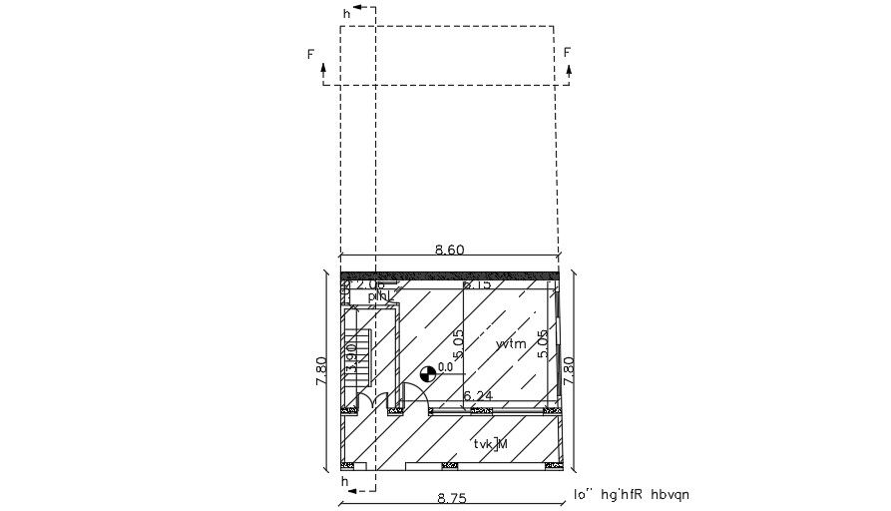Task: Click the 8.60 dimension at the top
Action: point(449,251)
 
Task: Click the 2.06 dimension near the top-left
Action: point(370,284)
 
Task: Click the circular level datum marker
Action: point(427,373)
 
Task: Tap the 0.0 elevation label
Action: point(445,367)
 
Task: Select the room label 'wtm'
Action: point(511,343)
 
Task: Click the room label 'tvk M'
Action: point(491,443)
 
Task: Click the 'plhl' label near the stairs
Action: point(377,296)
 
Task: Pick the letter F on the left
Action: point(311,54)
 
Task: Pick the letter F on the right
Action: point(567,52)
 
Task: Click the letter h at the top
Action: point(346,14)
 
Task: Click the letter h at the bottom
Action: point(345,481)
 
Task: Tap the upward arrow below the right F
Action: point(568,72)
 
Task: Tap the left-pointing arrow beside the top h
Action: point(365,8)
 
